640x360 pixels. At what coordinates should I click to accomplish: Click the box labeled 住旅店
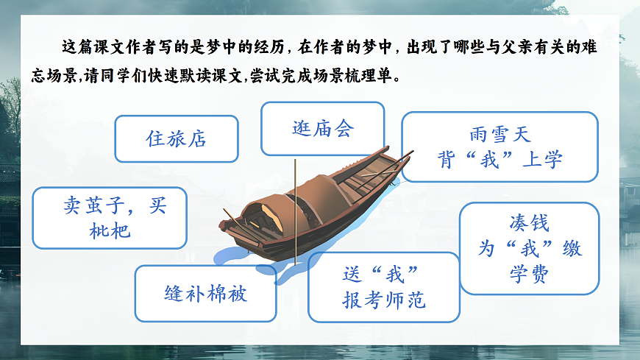tap(177, 138)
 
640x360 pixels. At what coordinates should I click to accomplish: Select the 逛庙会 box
tap(322, 129)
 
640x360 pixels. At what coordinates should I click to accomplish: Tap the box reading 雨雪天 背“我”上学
tap(499, 147)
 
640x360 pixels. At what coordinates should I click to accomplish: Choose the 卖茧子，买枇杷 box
tap(110, 217)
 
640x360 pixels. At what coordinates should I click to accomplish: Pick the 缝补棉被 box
tap(205, 293)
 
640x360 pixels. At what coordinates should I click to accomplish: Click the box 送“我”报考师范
tap(383, 287)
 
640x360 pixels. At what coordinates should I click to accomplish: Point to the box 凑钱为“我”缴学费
tap(529, 248)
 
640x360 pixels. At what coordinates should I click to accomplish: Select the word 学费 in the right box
tap(529, 273)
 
